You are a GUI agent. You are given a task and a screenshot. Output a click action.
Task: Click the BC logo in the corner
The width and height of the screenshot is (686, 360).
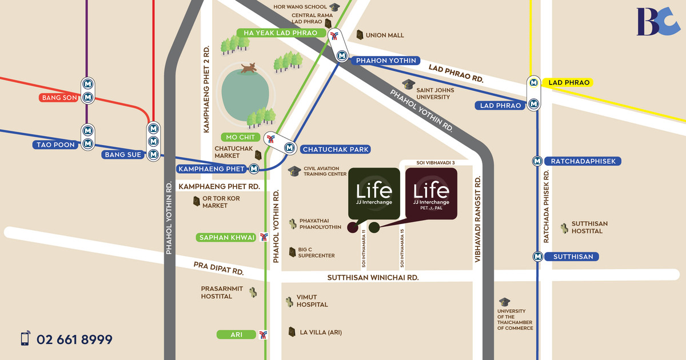[658, 22]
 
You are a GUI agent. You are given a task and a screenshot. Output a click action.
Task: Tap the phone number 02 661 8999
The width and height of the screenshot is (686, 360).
[74, 339]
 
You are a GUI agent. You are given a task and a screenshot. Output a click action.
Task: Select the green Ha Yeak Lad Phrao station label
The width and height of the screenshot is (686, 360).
[280, 33]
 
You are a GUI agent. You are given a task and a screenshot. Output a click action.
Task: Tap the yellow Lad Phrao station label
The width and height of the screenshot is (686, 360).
[568, 83]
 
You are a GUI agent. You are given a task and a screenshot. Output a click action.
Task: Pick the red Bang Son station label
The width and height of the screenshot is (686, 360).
[59, 98]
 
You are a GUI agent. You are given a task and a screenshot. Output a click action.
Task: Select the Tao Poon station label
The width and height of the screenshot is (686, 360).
[57, 145]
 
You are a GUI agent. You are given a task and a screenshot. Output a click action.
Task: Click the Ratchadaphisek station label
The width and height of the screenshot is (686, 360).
[583, 161]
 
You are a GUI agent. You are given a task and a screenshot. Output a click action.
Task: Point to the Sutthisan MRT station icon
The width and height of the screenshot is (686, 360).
[537, 257]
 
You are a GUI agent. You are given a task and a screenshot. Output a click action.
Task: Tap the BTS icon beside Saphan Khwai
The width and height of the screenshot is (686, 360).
[264, 237]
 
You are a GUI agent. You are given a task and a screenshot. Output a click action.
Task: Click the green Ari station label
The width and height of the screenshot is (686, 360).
[236, 335]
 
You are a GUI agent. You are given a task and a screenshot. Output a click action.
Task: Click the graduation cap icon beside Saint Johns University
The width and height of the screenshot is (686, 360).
[408, 85]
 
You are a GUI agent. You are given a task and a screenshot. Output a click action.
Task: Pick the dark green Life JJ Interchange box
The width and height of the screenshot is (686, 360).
[374, 194]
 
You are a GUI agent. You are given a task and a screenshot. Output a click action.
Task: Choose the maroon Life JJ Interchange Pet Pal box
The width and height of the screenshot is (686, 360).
[431, 194]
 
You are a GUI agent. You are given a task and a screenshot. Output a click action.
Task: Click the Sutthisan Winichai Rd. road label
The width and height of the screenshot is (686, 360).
[373, 277]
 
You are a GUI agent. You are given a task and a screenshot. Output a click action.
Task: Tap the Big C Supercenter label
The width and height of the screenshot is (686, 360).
[316, 253]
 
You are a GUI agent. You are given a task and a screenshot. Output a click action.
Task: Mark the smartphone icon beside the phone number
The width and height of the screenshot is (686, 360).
[25, 339]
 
